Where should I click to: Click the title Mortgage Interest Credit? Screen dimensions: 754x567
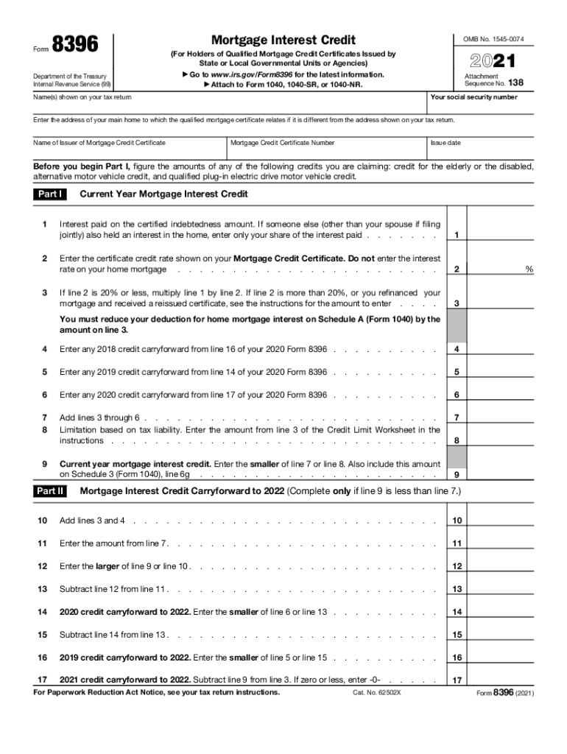point(283,40)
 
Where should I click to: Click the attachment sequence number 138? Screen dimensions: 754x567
point(515,84)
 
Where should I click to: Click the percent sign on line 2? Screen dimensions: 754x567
point(529,269)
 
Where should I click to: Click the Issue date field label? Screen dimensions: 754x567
point(446,143)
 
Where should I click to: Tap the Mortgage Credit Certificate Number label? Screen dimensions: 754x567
point(283,143)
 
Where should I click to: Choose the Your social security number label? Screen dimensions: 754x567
point(474,97)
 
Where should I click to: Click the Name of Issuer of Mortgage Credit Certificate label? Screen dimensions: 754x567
point(99,143)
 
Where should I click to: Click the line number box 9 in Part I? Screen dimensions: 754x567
point(457,475)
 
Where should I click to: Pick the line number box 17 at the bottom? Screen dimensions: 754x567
point(457,680)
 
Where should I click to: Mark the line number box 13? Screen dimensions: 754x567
point(457,589)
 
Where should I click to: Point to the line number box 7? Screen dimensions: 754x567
point(457,418)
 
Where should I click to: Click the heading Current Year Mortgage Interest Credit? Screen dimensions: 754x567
point(163,194)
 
